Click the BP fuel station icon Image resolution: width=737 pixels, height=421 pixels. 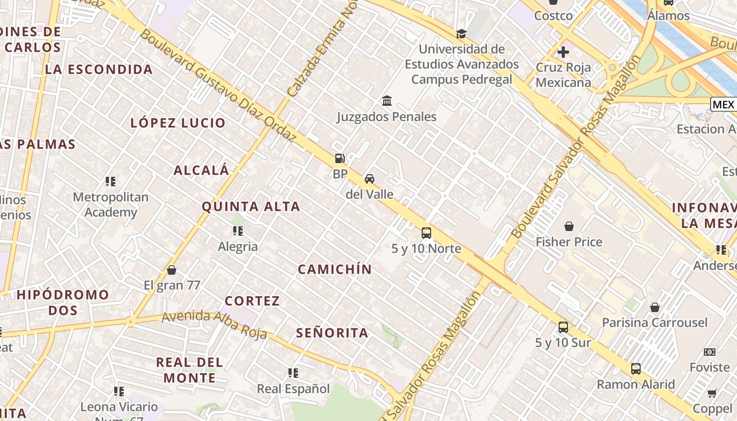(340, 158)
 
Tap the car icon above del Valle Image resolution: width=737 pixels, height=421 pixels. (370, 178)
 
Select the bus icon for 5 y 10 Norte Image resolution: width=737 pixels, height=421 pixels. (426, 233)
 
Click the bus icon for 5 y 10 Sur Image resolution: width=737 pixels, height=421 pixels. (563, 327)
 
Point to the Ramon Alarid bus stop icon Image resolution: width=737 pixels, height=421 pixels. (636, 368)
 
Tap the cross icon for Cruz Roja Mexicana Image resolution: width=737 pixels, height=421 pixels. (563, 52)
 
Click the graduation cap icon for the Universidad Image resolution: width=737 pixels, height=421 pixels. (462, 34)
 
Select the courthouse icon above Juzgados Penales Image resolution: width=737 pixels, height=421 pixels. (387, 101)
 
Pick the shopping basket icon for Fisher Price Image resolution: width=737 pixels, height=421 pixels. (569, 226)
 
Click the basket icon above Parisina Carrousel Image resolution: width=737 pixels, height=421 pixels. (655, 307)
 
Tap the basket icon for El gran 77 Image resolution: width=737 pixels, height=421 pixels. (172, 270)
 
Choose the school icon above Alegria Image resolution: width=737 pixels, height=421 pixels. (238, 230)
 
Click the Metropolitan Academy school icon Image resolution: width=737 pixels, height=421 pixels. (111, 182)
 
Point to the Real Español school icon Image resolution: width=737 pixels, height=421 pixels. (293, 373)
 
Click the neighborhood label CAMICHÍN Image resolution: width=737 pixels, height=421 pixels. (335, 269)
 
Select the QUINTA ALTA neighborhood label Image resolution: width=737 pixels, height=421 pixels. (251, 207)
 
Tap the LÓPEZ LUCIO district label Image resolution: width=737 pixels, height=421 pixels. (178, 123)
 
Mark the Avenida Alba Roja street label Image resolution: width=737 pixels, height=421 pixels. (214, 324)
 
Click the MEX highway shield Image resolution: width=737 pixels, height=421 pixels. (723, 104)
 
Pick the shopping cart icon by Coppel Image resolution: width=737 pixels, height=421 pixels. (712, 393)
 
